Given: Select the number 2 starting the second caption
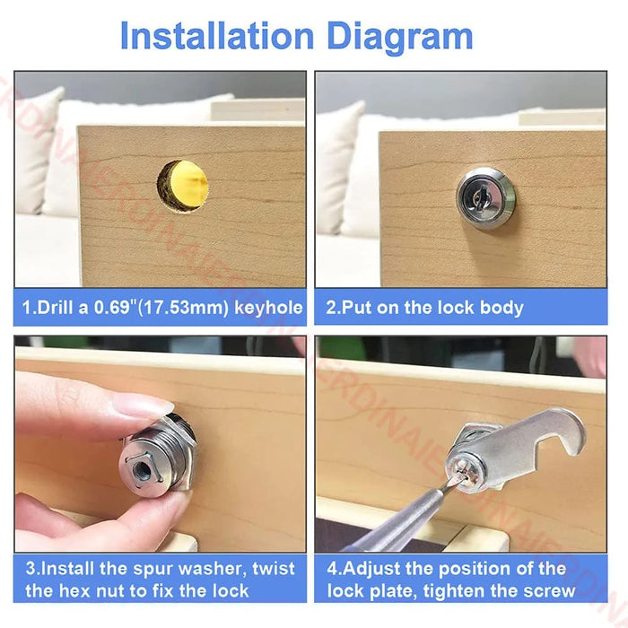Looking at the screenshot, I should [x=330, y=308].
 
